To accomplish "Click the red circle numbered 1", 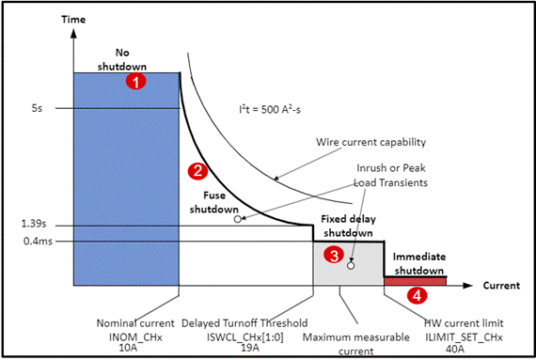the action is pos(135,82).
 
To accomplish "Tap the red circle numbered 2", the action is pos(197,171).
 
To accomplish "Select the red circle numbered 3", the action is pos(334,255).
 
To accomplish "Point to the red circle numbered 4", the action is pos(417,295).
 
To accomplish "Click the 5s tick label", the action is pos(37,108).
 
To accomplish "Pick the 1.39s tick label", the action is pos(34,224).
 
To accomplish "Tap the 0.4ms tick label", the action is pos(38,242).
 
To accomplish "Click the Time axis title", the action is pos(73,20).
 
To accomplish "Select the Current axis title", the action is pos(501,286).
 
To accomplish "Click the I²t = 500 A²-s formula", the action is pos(270,109).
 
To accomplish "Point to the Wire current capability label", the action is pos(370,142).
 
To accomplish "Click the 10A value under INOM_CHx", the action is pos(127,348).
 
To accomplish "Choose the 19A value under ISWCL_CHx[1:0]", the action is pos(250,348).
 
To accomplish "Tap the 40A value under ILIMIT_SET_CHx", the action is pos(455,349).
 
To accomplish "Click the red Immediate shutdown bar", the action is pos(415,281).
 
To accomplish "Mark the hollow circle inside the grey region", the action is pos(351,265).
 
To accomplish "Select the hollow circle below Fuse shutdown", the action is pos(238,219).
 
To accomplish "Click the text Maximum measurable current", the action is pos(355,344).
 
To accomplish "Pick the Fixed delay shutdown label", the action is pos(348,226).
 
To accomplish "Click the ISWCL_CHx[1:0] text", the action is pos(245,337).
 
